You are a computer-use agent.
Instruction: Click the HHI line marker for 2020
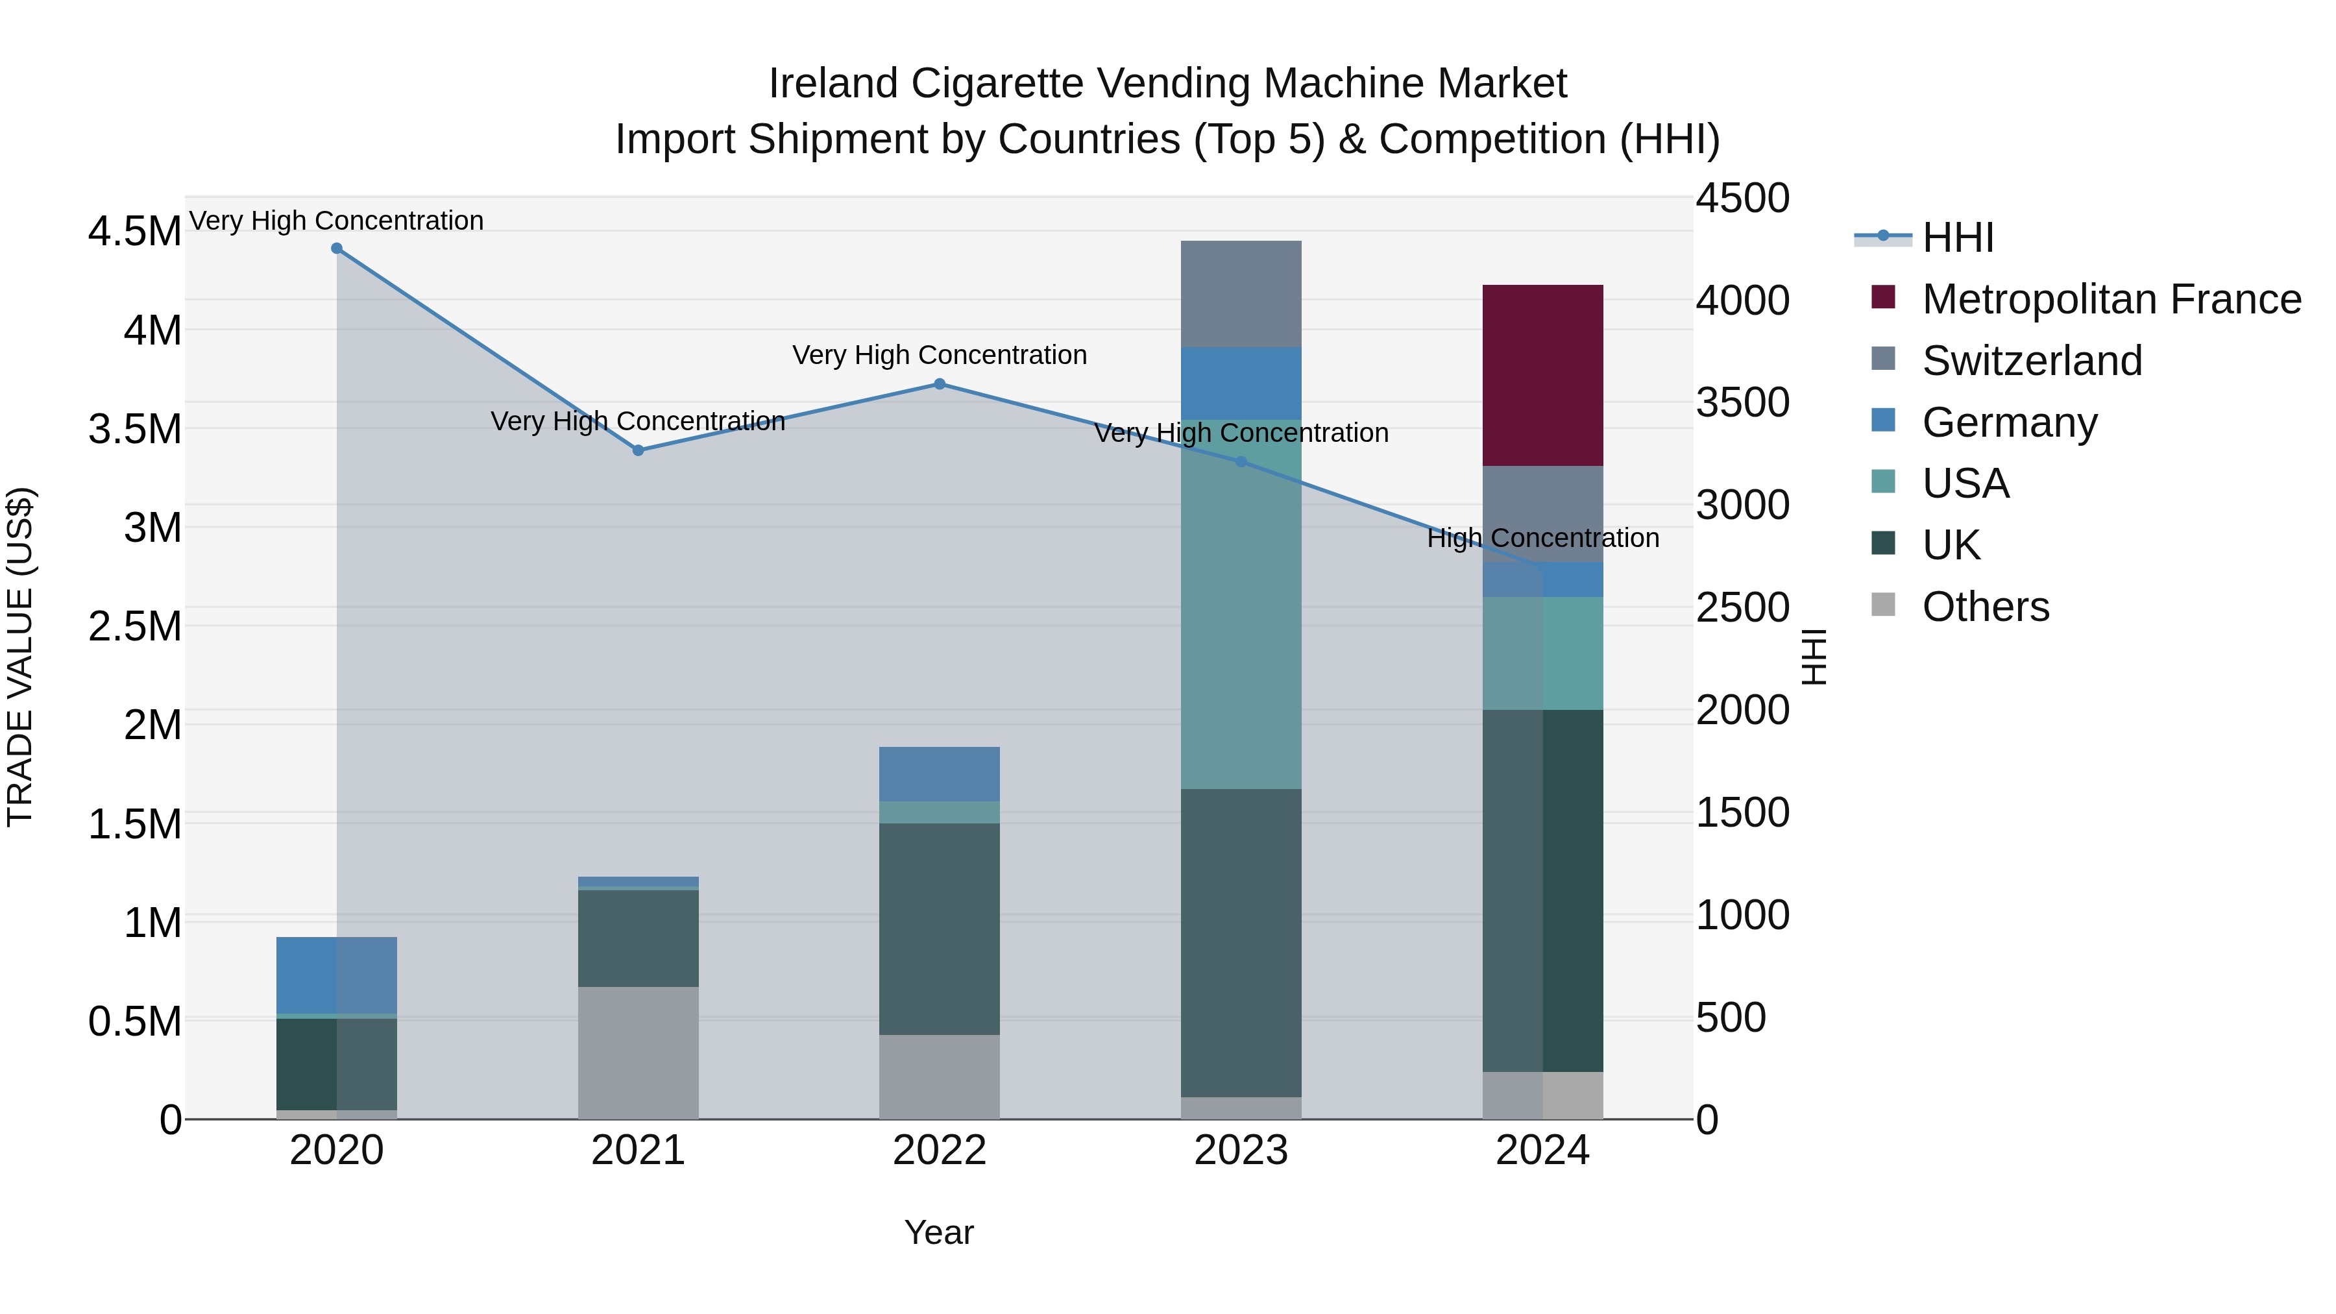point(336,249)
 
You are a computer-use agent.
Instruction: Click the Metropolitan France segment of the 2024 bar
point(1542,376)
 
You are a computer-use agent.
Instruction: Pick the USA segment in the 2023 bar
point(1241,605)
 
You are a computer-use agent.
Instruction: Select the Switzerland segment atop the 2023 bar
point(1241,294)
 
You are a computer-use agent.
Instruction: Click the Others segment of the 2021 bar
point(639,1052)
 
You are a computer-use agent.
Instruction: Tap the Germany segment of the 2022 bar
point(940,773)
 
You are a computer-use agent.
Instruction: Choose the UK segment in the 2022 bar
point(940,929)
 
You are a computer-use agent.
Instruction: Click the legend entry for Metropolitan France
point(2110,299)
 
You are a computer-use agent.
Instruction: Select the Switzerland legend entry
point(2031,361)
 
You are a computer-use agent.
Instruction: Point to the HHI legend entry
point(1957,237)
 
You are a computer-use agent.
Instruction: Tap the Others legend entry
point(1985,607)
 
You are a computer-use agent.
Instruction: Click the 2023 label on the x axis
point(1241,1150)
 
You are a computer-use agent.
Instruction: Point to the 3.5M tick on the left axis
point(135,429)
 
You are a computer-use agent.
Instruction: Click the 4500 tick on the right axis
point(1742,199)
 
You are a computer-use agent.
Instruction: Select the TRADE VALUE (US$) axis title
point(20,657)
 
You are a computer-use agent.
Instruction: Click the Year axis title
point(938,1232)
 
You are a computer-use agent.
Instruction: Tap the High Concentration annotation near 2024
point(1542,538)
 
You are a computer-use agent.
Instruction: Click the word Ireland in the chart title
point(834,84)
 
